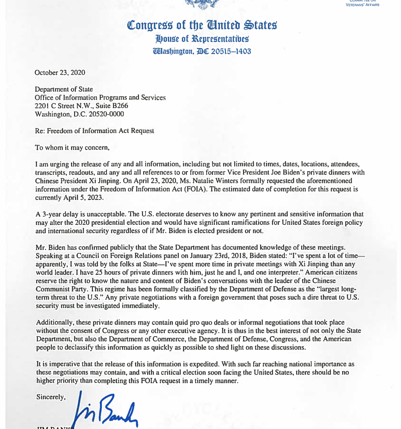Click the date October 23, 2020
pos(60,72)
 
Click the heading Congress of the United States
pos(202,25)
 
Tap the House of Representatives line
pos(202,39)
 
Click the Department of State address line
pos(64,89)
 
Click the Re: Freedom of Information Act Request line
pos(94,131)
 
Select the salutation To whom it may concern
pos(72,148)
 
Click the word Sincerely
pos(51,397)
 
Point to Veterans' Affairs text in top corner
pos(362,5)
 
